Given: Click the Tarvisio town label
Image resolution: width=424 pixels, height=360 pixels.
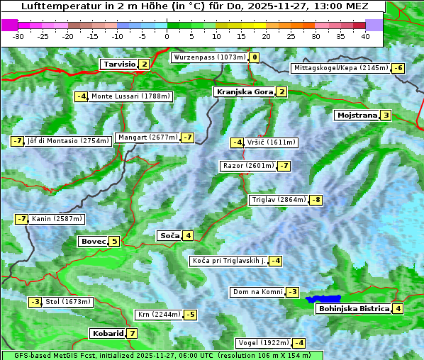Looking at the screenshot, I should tap(119, 64).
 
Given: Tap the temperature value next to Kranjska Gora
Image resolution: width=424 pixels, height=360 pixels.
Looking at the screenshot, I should tap(281, 91).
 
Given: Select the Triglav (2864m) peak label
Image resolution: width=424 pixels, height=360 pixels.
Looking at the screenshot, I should tap(279, 200).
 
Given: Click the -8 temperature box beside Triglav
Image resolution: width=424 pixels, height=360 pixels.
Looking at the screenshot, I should tap(316, 200).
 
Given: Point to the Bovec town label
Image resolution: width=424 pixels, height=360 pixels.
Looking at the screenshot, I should tap(93, 241).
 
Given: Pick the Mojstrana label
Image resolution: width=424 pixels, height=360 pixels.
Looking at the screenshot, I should tap(356, 115).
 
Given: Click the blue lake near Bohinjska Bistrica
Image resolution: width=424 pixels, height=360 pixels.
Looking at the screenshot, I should tap(323, 300).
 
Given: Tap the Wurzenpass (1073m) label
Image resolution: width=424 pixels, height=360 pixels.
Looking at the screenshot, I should tap(209, 57).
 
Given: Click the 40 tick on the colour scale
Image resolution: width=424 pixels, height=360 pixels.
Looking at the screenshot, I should tap(365, 36).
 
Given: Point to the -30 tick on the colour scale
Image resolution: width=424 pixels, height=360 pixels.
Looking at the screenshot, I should tap(18, 36).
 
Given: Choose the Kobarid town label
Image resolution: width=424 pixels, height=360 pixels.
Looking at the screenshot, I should tap(107, 333).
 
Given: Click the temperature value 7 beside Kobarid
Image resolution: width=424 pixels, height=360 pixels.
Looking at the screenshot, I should tap(132, 333).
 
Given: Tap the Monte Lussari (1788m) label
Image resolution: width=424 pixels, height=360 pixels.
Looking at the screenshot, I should tap(130, 96).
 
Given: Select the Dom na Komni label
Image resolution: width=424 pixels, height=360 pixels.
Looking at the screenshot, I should tap(257, 292).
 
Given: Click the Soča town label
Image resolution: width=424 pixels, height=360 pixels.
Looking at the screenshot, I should tap(169, 235).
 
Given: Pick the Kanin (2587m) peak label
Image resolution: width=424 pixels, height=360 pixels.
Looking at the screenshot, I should tap(57, 219).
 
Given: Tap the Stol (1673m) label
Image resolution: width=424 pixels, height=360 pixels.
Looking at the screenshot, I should tap(68, 302).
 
